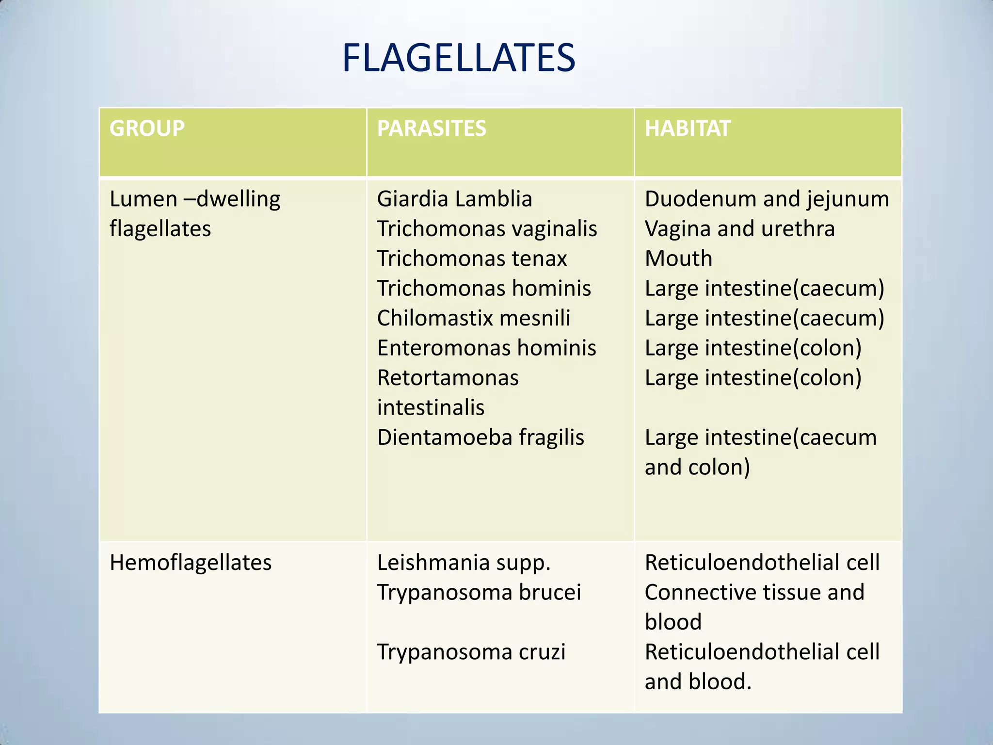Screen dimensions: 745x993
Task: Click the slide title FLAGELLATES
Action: click(458, 58)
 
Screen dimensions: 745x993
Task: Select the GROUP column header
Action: click(147, 129)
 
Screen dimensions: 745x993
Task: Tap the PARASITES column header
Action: click(432, 129)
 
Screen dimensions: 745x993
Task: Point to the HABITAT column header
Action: click(687, 129)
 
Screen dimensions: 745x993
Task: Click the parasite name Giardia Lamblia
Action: click(454, 199)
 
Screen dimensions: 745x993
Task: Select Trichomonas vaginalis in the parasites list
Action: click(487, 228)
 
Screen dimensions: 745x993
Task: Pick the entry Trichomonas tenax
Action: click(472, 259)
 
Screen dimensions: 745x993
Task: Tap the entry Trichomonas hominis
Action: click(484, 288)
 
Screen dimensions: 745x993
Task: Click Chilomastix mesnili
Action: click(474, 318)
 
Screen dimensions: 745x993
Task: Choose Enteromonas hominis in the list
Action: click(486, 348)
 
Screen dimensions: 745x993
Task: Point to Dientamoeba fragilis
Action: click(480, 437)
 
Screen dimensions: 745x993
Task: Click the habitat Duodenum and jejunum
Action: click(767, 199)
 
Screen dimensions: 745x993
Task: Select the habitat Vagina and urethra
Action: click(739, 228)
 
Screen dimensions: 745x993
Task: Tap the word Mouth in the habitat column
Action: click(678, 259)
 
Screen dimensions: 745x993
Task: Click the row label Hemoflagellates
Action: click(191, 563)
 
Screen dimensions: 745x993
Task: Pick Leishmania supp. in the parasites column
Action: click(464, 563)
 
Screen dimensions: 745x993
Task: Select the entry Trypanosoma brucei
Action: click(479, 592)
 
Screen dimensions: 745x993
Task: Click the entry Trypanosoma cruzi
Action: click(471, 652)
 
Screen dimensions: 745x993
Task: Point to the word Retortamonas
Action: click(448, 378)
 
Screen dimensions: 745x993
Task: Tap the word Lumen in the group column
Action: click(143, 199)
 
